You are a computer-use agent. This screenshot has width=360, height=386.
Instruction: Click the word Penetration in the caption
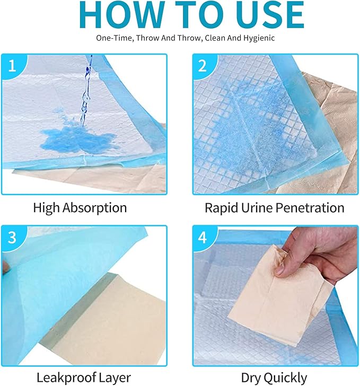point(310,208)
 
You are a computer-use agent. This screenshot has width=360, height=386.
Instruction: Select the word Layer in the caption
point(113,378)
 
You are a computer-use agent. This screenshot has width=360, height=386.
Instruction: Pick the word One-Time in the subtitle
point(111,38)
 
